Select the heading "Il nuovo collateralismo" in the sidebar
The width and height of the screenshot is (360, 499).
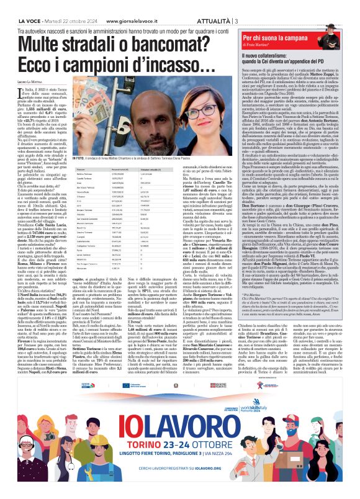click(x=266, y=56)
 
